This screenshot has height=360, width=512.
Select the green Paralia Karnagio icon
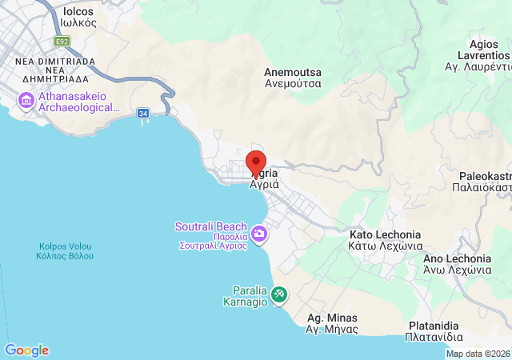tap(279, 294)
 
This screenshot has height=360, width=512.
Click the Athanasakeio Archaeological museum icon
tap(25, 102)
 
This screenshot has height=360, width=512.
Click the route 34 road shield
tap(143, 114)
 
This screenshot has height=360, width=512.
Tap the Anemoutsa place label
tap(293, 77)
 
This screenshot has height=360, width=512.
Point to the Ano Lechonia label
tap(457, 264)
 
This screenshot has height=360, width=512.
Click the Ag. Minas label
tap(332, 323)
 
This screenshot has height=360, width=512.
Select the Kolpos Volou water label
tap(65, 250)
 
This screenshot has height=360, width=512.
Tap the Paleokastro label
tap(485, 181)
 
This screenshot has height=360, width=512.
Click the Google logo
tap(26, 350)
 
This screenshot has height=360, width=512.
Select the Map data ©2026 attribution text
tap(478, 354)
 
